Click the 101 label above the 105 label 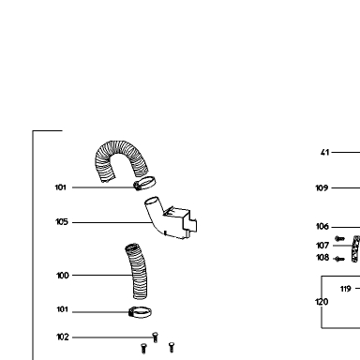[61, 187]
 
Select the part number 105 [62, 222]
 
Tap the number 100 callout [63, 276]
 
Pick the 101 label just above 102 [62, 309]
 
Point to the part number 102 [63, 337]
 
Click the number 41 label [325, 153]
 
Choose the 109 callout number [322, 187]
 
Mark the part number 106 [322, 227]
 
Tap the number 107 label [322, 246]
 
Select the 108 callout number [322, 258]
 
